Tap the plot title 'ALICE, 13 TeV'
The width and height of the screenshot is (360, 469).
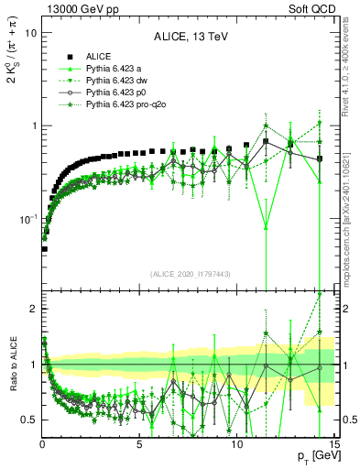pos(188,38)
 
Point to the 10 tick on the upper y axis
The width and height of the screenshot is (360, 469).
pos(30,33)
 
